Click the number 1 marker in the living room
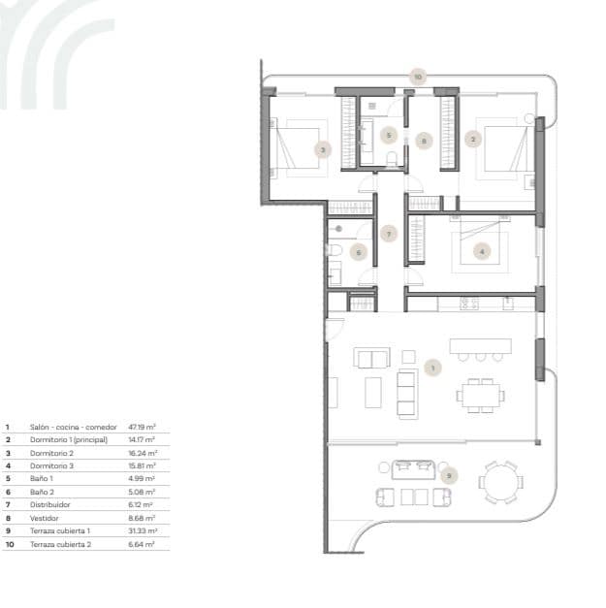click(x=432, y=368)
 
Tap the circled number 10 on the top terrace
click(x=417, y=75)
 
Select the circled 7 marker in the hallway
click(x=388, y=234)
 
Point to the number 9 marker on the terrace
click(x=447, y=475)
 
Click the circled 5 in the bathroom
click(x=388, y=135)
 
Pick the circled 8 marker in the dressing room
click(x=423, y=140)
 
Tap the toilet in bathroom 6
click(x=333, y=251)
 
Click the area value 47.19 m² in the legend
click(x=143, y=426)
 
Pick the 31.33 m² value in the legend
click(x=143, y=531)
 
